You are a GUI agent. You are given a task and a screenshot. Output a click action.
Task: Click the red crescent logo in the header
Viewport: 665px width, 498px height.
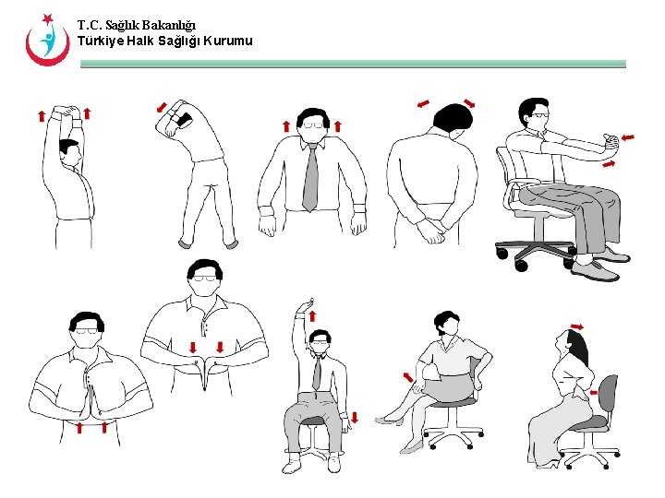(x=46, y=41)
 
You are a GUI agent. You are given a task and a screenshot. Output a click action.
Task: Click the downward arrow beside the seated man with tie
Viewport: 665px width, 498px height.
(x=355, y=418)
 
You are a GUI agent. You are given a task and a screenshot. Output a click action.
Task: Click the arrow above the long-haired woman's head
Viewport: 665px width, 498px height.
(x=577, y=326)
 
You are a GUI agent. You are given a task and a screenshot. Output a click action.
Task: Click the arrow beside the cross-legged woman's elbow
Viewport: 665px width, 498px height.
(x=407, y=378)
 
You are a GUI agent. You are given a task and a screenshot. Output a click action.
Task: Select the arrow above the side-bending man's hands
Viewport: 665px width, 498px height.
(x=163, y=106)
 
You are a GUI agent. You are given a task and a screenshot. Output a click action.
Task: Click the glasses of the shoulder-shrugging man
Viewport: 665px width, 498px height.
(x=315, y=124)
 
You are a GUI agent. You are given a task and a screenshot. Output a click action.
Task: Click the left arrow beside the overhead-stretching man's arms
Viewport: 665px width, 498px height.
(x=42, y=116)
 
